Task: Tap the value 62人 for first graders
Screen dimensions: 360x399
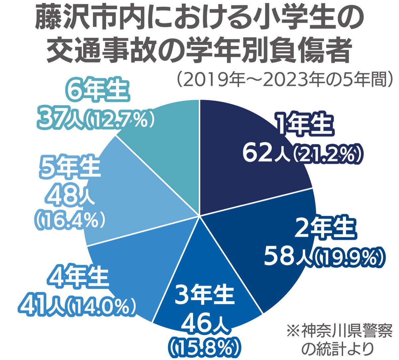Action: click(x=265, y=154)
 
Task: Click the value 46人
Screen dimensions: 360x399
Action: click(x=204, y=323)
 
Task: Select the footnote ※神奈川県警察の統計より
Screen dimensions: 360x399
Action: click(x=339, y=340)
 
